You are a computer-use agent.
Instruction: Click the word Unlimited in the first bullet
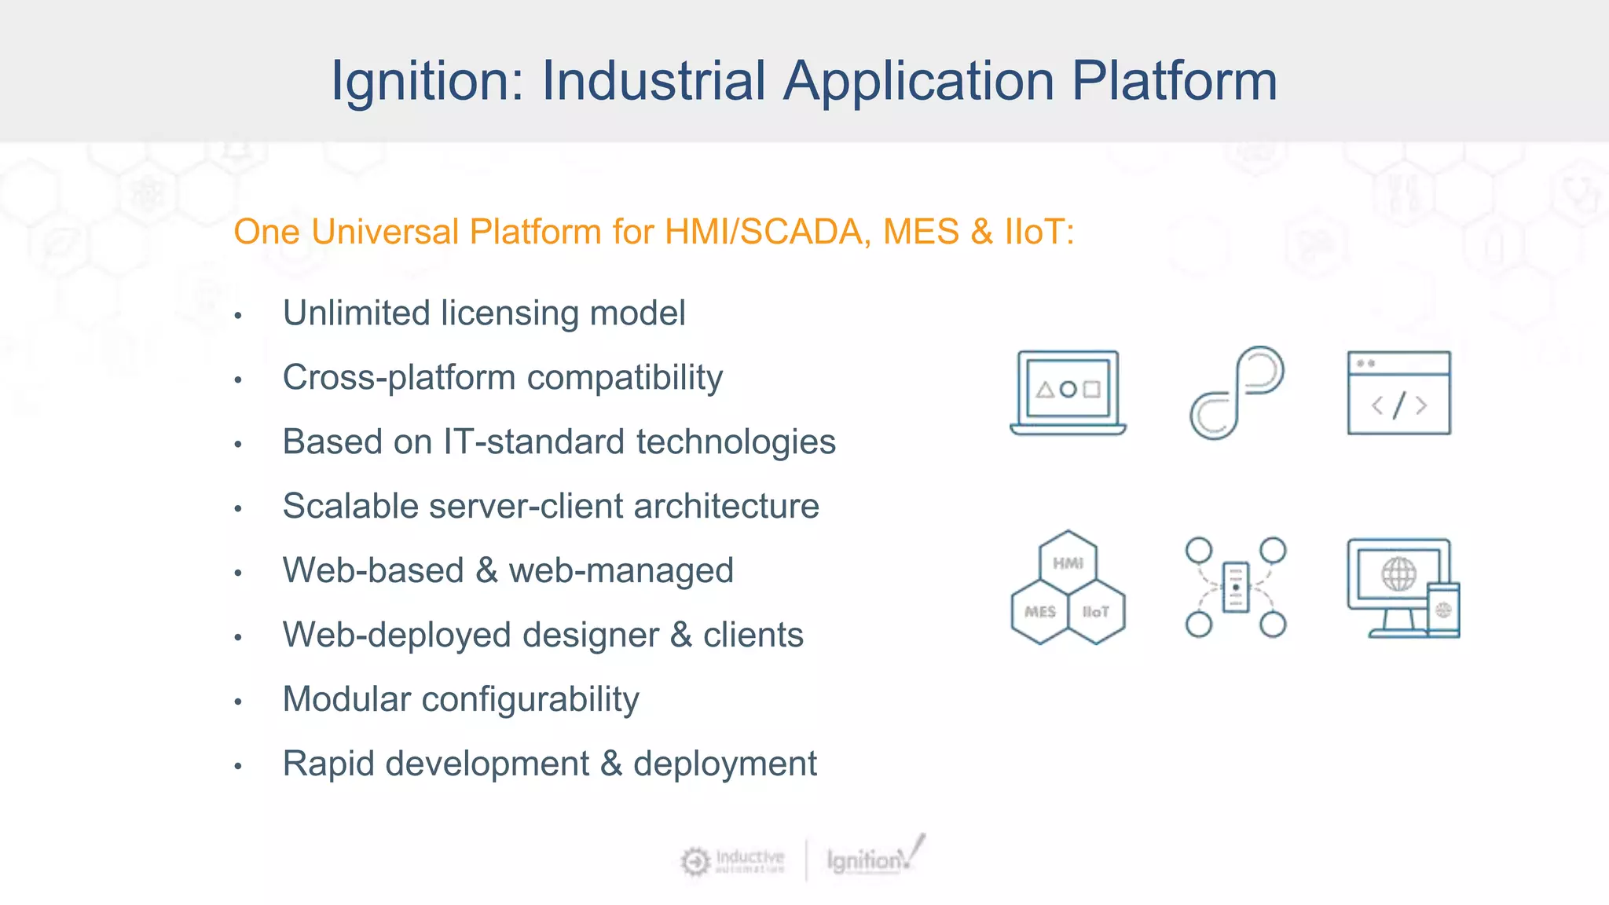(356, 313)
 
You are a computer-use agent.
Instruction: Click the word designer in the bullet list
(590, 635)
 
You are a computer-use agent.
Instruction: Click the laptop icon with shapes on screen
(1068, 392)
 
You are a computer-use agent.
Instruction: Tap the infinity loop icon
(1236, 392)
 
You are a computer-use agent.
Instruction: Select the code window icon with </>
(1398, 393)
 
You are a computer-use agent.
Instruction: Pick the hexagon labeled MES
(1039, 611)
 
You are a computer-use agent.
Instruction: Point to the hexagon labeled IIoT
(1096, 611)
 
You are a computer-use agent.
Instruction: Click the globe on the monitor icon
(1398, 574)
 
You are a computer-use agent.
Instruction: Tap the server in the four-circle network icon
(1236, 587)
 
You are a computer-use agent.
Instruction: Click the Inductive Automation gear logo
(695, 861)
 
